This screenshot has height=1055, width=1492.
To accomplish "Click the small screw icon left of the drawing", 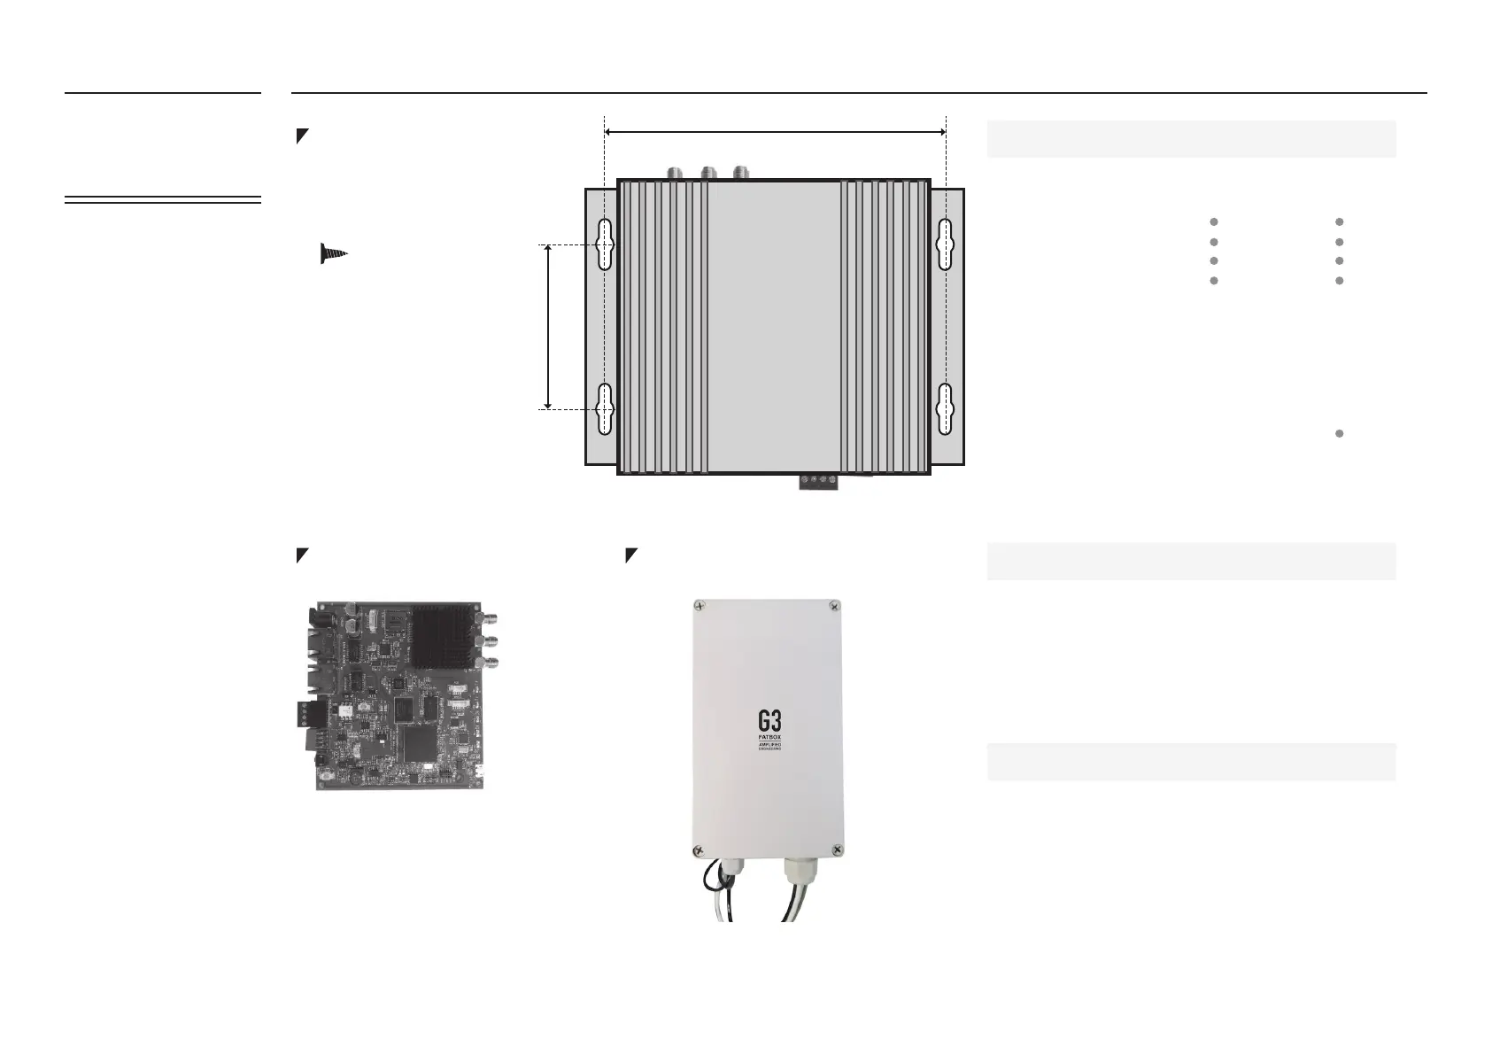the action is pos(333,253).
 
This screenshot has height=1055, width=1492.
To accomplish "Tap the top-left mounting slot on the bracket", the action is pos(605,244).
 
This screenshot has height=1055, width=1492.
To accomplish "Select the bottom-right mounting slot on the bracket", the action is pos(946,409).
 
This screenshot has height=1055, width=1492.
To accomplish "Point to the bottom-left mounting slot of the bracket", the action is pos(605,409).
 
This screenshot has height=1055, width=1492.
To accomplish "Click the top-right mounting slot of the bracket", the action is pos(946,244).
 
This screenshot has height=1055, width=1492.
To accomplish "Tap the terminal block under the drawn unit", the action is pos(819,483).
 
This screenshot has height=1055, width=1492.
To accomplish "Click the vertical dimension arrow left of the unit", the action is pos(548,327).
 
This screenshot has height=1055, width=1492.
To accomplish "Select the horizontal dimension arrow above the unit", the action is pos(775,132).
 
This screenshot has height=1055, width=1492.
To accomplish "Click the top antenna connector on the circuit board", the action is pos(486,618).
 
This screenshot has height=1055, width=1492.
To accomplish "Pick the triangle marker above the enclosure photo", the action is pos(631,555).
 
